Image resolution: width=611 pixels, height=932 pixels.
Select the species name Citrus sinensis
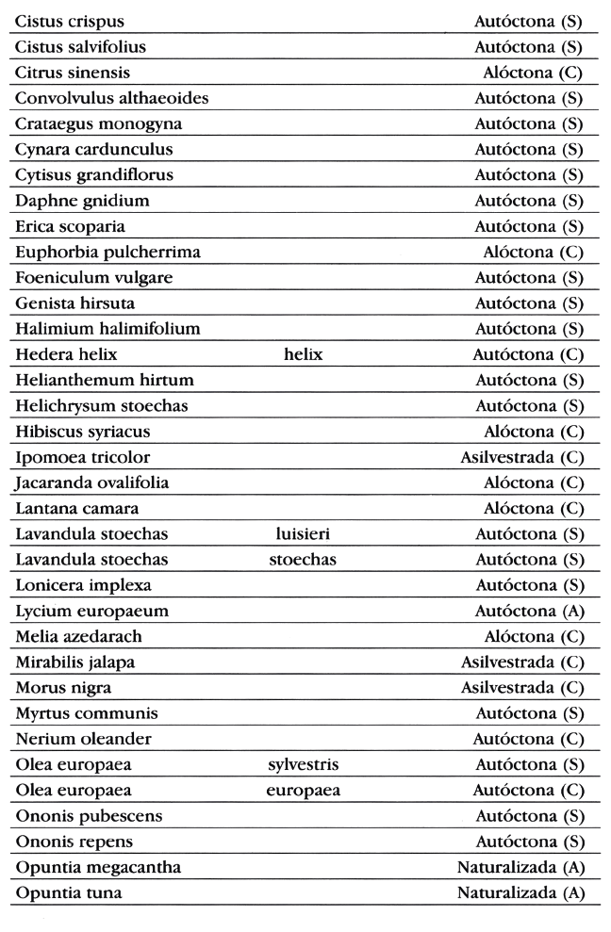72,72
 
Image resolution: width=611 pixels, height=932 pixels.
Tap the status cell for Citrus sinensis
534,72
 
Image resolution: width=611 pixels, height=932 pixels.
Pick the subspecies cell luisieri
303,534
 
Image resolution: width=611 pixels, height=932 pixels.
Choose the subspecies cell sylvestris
303,763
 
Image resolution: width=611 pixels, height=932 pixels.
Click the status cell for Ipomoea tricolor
521,457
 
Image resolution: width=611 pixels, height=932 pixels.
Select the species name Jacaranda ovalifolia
91,482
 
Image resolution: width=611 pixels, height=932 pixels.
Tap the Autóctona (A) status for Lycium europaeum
528,611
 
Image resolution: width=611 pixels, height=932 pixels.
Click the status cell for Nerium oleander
528,738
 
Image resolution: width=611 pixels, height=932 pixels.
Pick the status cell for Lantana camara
534,508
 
